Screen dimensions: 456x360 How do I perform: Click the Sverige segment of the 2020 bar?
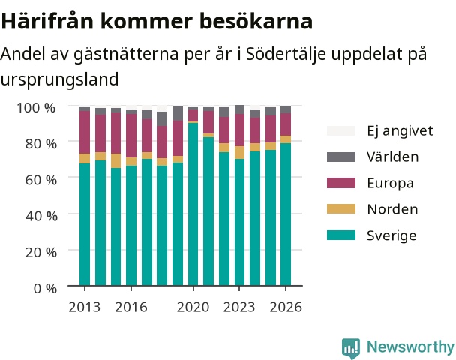(x=193, y=204)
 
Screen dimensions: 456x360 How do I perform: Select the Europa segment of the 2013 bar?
(x=85, y=132)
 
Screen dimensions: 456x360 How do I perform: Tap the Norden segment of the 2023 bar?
(x=239, y=153)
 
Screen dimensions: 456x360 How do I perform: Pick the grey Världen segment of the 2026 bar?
(x=286, y=109)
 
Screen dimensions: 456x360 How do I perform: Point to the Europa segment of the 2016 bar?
(x=131, y=136)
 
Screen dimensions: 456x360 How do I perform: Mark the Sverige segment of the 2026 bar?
(x=286, y=214)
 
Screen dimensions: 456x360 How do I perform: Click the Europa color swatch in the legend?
(x=341, y=183)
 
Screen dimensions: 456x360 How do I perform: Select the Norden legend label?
(x=392, y=209)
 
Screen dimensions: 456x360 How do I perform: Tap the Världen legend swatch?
(x=341, y=157)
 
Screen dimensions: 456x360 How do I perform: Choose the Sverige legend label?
(x=391, y=235)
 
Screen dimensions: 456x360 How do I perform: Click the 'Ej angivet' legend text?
(x=400, y=130)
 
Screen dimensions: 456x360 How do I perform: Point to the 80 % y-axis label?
(x=40, y=144)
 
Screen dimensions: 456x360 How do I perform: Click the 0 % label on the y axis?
(x=45, y=289)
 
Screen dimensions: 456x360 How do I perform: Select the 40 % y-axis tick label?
(x=41, y=216)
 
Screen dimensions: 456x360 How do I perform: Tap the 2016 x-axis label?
(x=131, y=307)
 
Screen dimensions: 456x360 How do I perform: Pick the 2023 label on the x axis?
(x=239, y=307)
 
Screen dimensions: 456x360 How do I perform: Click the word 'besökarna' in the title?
(x=256, y=21)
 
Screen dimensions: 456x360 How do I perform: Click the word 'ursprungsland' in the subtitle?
(x=59, y=79)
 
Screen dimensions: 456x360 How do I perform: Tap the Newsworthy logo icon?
(x=351, y=348)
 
